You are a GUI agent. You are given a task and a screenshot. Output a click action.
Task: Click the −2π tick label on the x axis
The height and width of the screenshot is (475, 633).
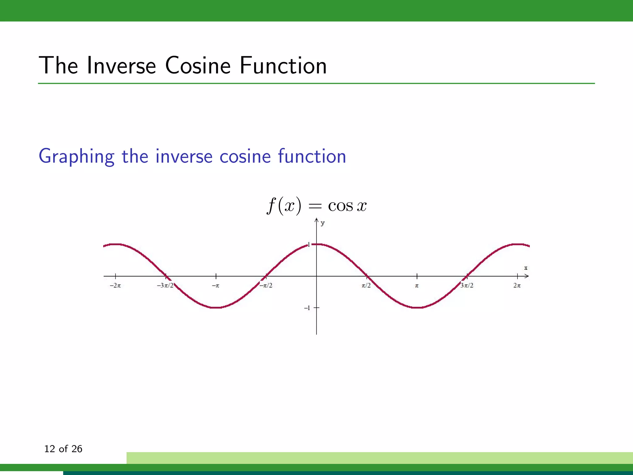[x=115, y=285]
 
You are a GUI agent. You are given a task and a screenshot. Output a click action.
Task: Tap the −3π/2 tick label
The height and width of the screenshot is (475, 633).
[x=165, y=285]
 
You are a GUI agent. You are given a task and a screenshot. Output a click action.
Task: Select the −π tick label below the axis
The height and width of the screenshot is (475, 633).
[x=215, y=285]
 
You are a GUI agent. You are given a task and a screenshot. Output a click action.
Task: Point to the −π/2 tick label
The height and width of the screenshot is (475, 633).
[x=266, y=285]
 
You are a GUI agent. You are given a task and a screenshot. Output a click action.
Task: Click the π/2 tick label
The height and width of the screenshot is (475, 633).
[x=366, y=285]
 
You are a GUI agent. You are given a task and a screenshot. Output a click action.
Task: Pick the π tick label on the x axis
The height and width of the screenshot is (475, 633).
[x=417, y=286]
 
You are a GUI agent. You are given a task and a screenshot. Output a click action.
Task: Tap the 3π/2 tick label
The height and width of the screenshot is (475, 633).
[x=467, y=285]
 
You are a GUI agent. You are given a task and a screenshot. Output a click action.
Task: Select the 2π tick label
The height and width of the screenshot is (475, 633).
[x=517, y=285]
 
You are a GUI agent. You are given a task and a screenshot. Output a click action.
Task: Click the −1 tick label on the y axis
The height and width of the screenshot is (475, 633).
[x=307, y=308]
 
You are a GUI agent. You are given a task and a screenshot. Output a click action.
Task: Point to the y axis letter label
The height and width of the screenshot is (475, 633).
[x=323, y=223]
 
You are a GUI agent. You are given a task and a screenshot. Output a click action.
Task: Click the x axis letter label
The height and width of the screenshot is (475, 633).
[x=526, y=268]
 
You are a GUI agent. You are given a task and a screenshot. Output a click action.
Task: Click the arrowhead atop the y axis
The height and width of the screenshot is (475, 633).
[x=316, y=220]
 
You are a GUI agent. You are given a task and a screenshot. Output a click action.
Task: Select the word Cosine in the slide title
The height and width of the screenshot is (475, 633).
[x=198, y=66]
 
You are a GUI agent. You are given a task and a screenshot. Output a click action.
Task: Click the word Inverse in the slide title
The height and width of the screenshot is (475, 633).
[x=121, y=66]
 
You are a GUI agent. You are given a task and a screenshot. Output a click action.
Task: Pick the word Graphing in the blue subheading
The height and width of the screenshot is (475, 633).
[x=76, y=156]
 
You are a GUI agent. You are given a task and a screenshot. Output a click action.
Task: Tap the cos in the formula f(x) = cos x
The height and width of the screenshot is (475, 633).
[x=340, y=206]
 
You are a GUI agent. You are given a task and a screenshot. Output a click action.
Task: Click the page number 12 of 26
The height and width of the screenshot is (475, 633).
[x=63, y=449]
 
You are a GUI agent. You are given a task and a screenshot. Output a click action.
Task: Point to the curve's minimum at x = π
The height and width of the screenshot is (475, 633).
[x=417, y=308]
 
